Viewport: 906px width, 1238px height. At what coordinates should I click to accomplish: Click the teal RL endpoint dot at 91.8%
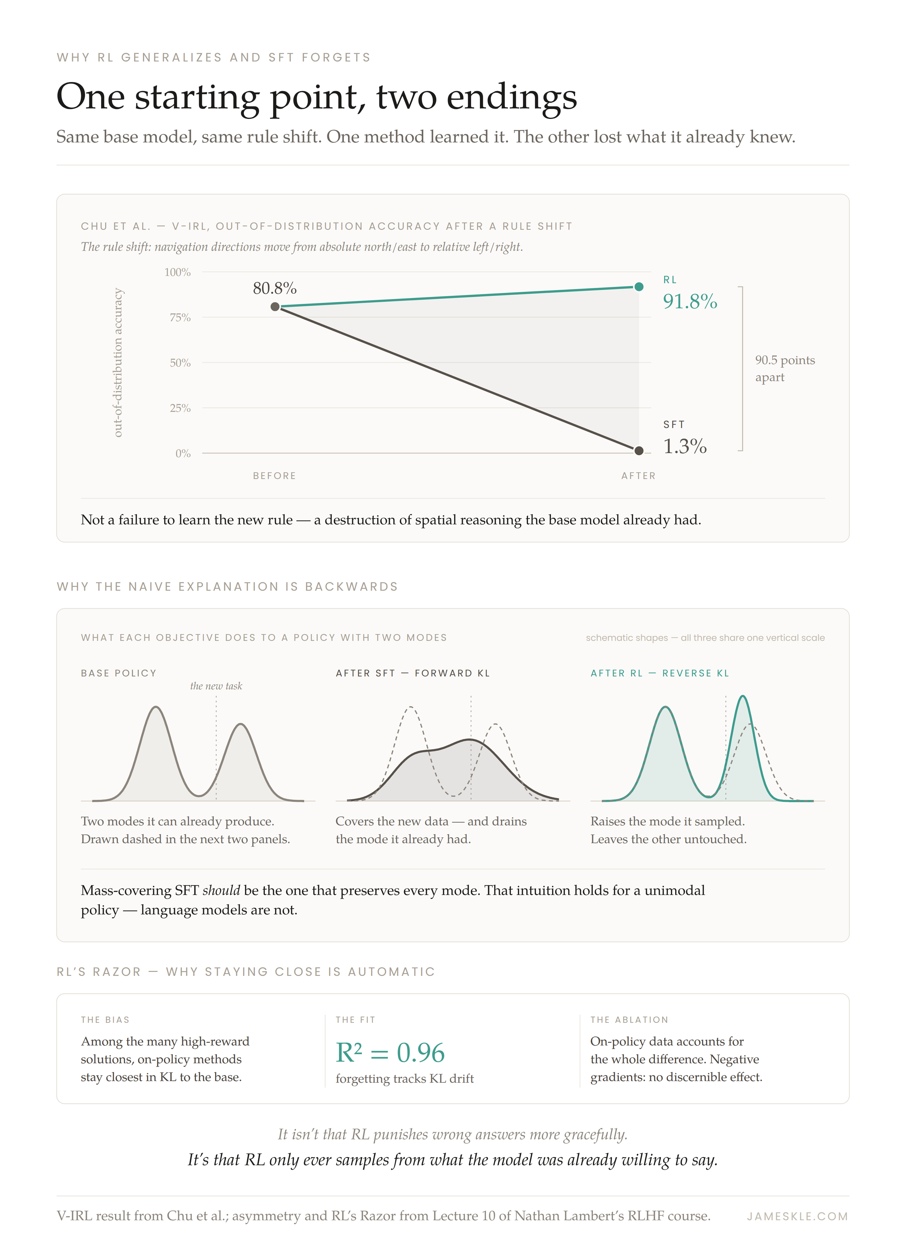(x=639, y=287)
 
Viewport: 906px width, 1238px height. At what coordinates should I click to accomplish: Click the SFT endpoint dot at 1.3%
(x=639, y=451)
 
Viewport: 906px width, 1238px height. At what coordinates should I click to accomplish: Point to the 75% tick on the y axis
(x=180, y=318)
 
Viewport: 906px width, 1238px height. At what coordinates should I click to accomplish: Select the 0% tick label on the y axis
(x=183, y=454)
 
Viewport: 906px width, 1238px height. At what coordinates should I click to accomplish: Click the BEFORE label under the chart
(x=275, y=476)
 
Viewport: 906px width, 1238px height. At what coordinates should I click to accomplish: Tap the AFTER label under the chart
(x=639, y=476)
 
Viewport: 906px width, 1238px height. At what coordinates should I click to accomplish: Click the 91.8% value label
(x=690, y=302)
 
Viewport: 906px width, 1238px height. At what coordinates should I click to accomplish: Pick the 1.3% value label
(x=685, y=447)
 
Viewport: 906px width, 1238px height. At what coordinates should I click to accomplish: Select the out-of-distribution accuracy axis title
(x=117, y=363)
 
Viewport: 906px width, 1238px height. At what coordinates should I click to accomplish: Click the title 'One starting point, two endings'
(x=316, y=98)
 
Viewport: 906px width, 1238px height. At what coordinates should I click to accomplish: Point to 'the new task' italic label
(x=216, y=686)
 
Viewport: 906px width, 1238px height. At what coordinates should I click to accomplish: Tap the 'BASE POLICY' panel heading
(x=119, y=673)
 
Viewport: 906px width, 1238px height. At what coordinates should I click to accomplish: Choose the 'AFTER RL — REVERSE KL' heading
(x=660, y=673)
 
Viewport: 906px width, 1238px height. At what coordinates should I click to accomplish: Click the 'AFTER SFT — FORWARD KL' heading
(x=413, y=673)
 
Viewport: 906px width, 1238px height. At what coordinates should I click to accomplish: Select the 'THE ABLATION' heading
(x=629, y=1020)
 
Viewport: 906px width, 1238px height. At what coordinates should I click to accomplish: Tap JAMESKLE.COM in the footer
(x=797, y=1216)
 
